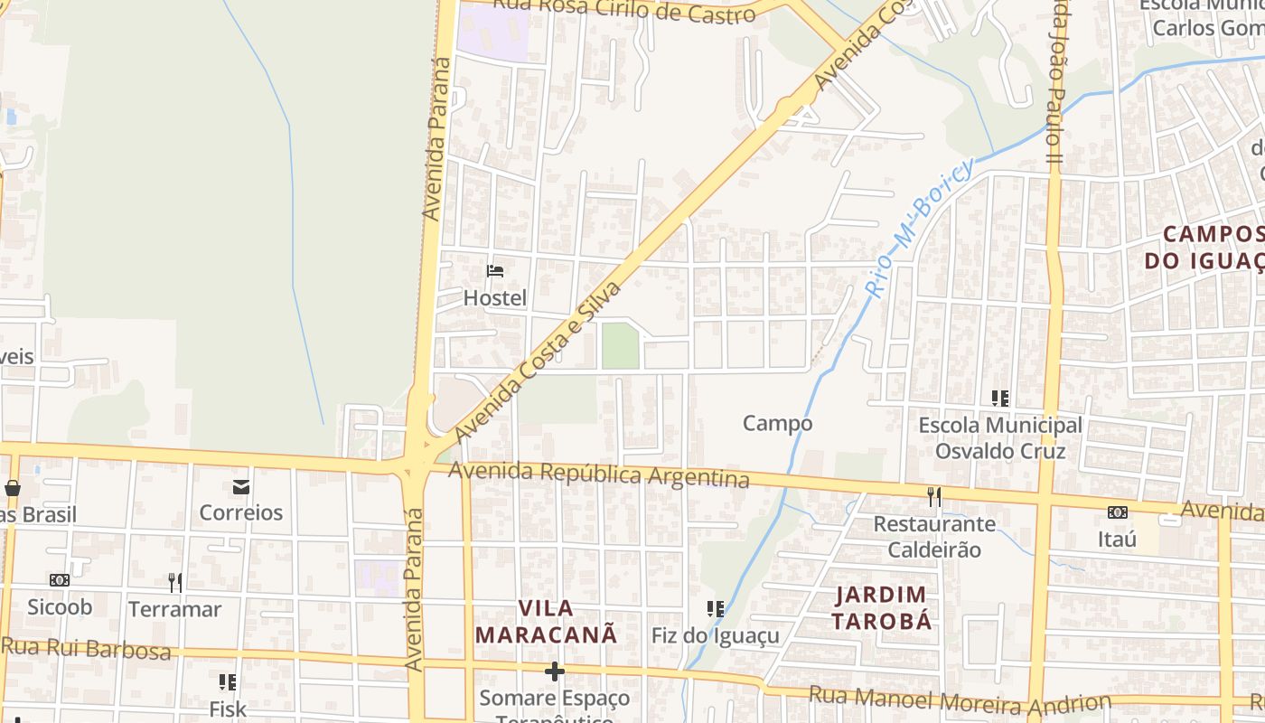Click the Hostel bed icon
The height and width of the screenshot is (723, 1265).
(494, 270)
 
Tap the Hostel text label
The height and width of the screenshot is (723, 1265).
(494, 297)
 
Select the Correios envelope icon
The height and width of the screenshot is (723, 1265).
(241, 487)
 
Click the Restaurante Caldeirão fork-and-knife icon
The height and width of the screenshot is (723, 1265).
(933, 497)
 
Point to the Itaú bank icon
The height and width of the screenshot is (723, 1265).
(1118, 512)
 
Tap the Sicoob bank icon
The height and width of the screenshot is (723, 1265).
(60, 580)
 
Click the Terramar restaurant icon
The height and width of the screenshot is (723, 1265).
(175, 582)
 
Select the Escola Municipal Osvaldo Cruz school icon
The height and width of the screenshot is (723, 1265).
(1000, 398)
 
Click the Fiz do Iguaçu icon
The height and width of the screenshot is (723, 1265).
(716, 609)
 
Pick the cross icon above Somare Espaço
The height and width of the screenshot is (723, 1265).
(555, 671)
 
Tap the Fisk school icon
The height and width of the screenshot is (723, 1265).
(228, 682)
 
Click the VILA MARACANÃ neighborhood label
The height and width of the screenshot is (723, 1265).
(546, 621)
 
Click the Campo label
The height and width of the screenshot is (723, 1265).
(777, 423)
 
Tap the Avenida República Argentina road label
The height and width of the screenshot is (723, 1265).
(598, 474)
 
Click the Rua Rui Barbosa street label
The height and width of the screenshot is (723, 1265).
(86, 648)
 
